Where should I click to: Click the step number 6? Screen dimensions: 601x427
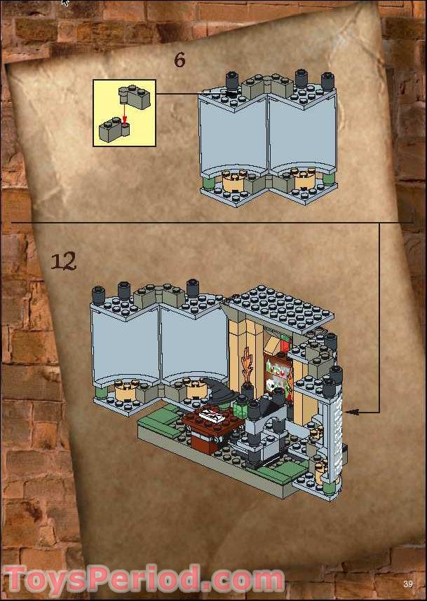pos(180,60)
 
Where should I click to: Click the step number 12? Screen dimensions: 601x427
pos(64,261)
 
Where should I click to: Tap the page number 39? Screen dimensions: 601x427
pos(407,584)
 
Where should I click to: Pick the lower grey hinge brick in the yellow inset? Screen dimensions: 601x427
pos(112,130)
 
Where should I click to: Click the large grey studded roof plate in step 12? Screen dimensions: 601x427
pos(278,307)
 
